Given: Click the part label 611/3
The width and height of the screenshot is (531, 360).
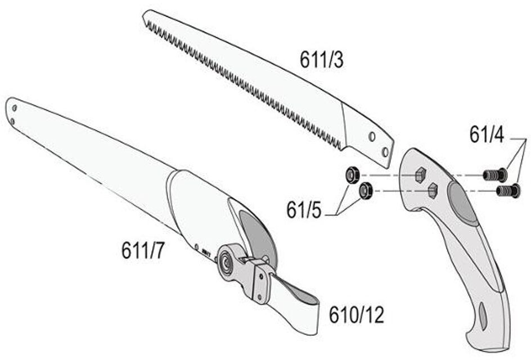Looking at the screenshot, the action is (x=321, y=59).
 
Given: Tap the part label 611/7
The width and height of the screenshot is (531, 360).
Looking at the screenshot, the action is (x=143, y=250).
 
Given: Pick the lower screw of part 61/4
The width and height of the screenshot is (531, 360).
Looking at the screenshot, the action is (x=508, y=191).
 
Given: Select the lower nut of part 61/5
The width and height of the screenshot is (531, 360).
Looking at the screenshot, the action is (x=366, y=191).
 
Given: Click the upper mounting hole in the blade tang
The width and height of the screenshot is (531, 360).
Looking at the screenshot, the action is (x=371, y=136).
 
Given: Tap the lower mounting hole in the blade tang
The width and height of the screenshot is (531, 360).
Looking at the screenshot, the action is (x=385, y=151).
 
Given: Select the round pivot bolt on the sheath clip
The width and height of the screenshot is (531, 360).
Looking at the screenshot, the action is (x=227, y=262).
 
